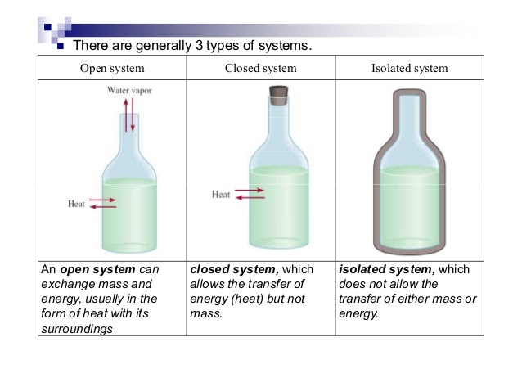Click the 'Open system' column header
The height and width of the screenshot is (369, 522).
point(112,69)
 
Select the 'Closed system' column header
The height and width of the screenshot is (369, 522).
point(261,68)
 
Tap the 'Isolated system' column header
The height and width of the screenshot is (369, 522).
point(409,68)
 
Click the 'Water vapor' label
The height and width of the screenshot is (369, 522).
point(129,90)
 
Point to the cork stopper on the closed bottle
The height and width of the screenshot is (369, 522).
point(279,96)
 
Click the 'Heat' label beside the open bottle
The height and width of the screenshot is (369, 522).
point(76,204)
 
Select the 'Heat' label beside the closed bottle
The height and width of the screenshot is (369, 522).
point(221,195)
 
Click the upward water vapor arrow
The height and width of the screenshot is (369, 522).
point(126,115)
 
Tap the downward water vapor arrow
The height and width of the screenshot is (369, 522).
point(133,115)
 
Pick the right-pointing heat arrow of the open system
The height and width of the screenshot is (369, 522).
point(102,200)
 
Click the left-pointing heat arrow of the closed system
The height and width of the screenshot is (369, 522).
point(250,198)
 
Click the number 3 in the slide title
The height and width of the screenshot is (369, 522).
point(199,45)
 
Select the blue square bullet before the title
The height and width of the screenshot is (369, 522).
point(61,46)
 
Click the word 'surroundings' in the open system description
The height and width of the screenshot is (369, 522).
point(77,329)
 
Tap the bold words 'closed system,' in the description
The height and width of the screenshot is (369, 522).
point(234,269)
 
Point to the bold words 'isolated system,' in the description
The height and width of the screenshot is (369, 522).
point(387,269)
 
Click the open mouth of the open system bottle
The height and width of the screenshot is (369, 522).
point(129,115)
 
